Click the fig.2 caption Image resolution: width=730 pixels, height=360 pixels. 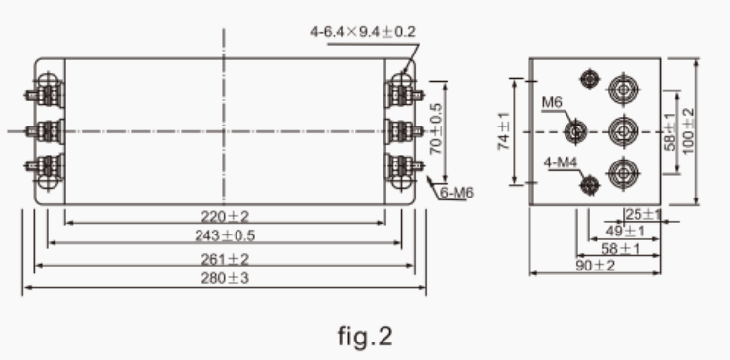click(x=365, y=337)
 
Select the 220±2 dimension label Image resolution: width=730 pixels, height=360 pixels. click(x=226, y=215)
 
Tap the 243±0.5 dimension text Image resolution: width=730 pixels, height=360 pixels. click(x=226, y=236)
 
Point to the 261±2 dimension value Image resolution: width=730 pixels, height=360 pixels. click(x=226, y=259)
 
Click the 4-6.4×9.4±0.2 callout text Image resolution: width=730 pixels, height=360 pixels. click(x=363, y=32)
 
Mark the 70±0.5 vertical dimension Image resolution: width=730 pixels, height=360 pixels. click(x=437, y=128)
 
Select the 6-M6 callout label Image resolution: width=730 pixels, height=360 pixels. click(x=456, y=192)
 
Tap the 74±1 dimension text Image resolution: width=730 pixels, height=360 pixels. click(x=503, y=130)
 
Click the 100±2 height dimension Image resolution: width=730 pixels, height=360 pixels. click(x=689, y=128)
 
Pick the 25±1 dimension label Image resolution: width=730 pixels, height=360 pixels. click(x=642, y=214)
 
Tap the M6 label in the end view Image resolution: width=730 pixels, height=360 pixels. click(x=552, y=102)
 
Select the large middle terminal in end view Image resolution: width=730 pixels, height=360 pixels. click(x=620, y=129)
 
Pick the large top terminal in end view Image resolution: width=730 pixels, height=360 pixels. click(x=620, y=90)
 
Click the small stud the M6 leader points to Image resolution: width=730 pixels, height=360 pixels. click(x=576, y=129)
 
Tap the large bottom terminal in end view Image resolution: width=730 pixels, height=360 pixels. click(x=620, y=172)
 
